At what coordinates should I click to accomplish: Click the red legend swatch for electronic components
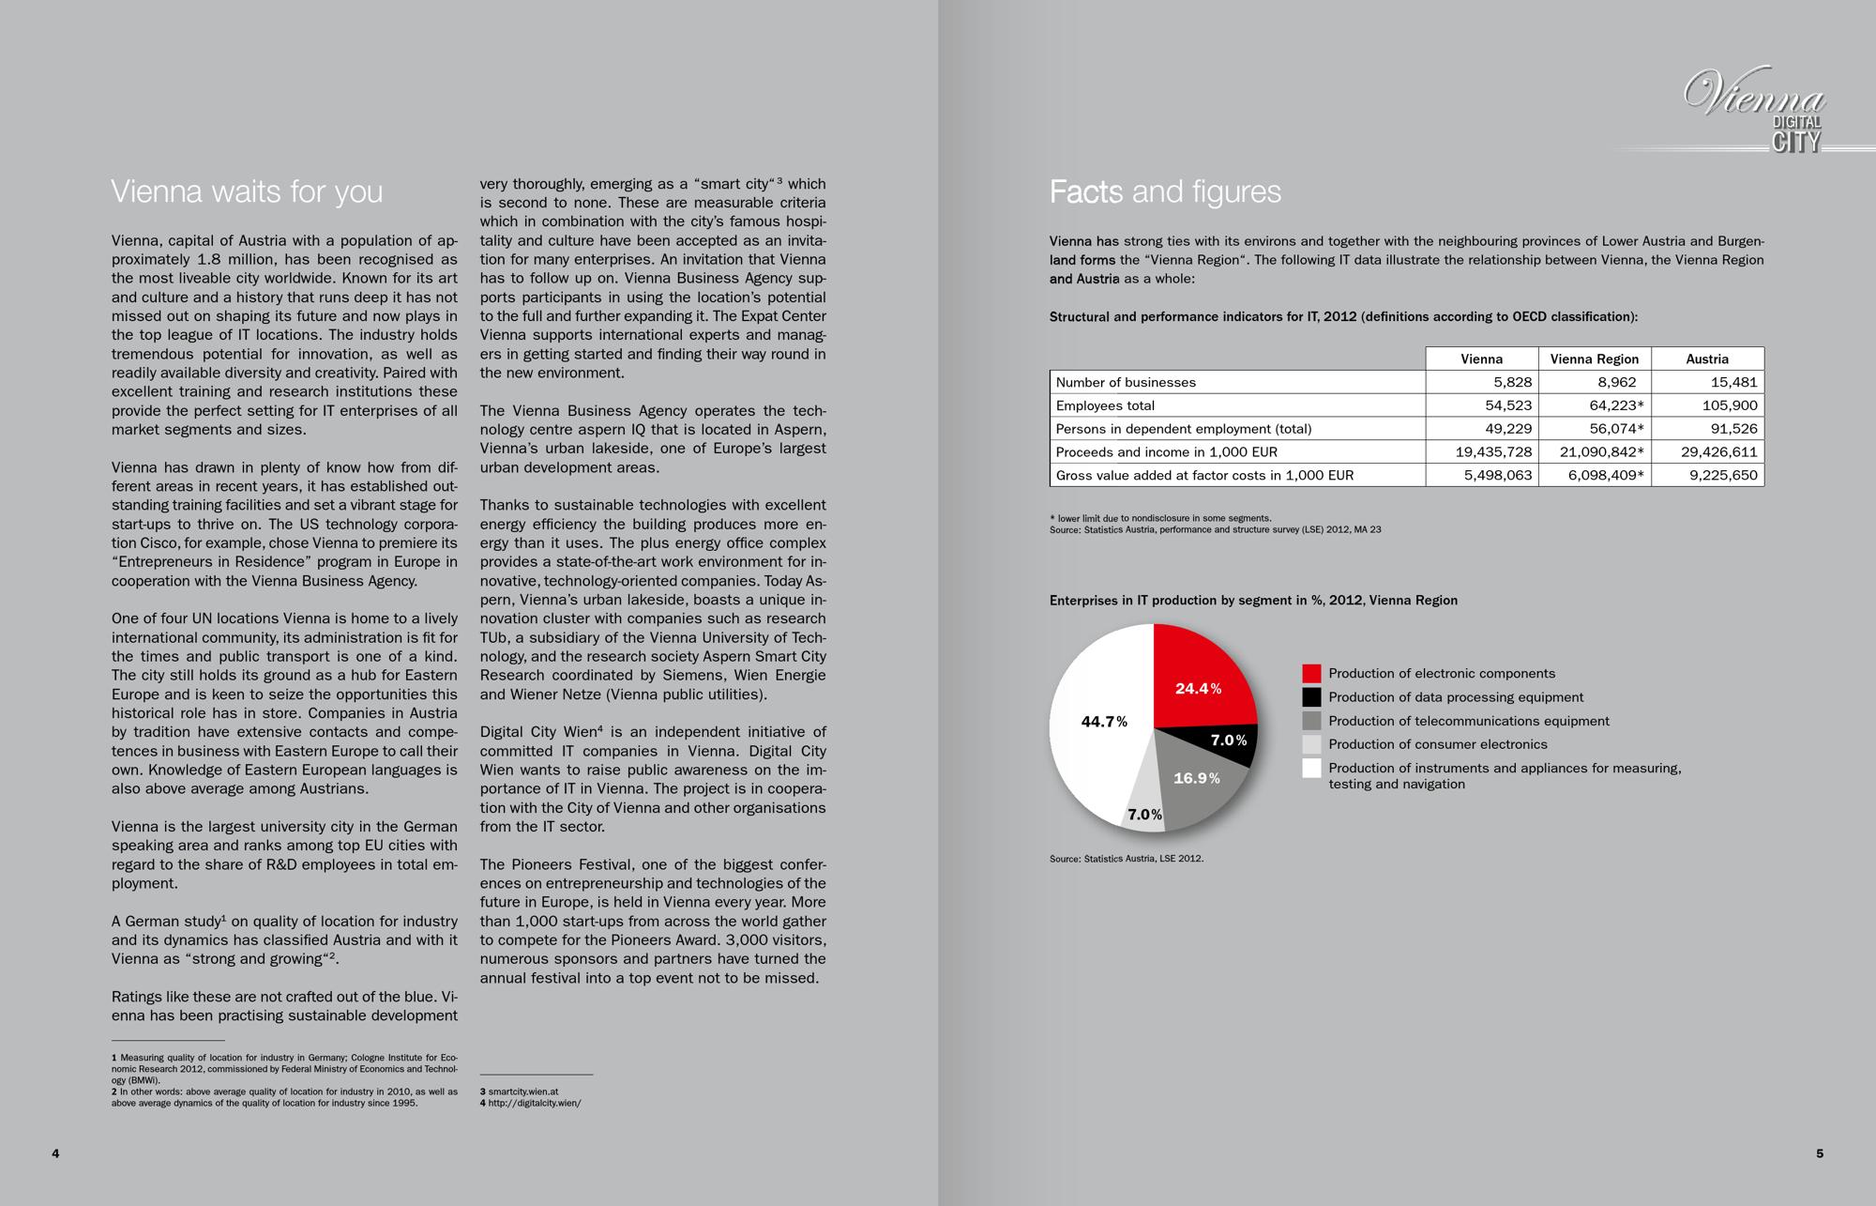(1311, 674)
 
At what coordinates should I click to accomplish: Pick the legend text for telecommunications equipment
(1468, 721)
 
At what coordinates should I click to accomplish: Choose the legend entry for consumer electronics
(1437, 744)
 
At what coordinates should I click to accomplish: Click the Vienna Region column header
(1594, 359)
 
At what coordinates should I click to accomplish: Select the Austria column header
(1706, 359)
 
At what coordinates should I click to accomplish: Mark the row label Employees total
(1105, 405)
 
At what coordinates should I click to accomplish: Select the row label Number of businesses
(1126, 382)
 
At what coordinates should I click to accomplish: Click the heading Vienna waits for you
(247, 191)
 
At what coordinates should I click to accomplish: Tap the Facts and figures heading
(1165, 191)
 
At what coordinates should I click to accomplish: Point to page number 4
(55, 1153)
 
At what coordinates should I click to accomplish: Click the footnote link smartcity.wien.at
(522, 1092)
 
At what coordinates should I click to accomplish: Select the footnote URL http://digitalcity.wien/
(534, 1103)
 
